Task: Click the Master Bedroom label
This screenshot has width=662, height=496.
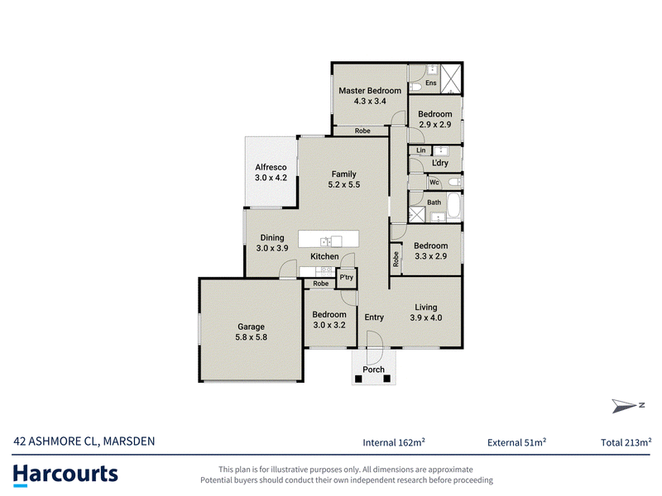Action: click(x=370, y=91)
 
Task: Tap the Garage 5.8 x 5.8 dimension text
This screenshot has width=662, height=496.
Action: click(x=252, y=337)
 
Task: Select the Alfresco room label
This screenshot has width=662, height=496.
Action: click(x=271, y=168)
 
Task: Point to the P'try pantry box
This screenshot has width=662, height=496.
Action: click(x=347, y=278)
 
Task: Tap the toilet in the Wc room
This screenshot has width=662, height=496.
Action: click(x=454, y=183)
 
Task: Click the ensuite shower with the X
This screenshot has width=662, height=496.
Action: click(x=451, y=79)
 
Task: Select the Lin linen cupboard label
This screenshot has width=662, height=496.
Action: click(x=421, y=150)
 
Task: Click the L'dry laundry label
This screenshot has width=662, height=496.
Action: click(x=440, y=163)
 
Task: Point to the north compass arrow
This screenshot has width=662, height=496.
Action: click(x=624, y=406)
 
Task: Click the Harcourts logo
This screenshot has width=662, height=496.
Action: click(x=65, y=474)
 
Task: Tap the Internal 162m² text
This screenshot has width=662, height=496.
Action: click(x=394, y=442)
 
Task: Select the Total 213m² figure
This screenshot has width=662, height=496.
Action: click(x=626, y=442)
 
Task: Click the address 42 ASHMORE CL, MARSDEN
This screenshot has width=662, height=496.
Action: click(x=84, y=441)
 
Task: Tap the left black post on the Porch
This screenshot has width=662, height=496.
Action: click(x=358, y=379)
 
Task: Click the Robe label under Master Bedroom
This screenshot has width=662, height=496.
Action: click(x=362, y=131)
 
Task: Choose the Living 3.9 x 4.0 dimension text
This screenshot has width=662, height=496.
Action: click(x=426, y=318)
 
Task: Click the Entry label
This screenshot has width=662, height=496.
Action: click(x=374, y=317)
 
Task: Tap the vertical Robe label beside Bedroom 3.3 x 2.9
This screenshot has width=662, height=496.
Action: click(x=396, y=259)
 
